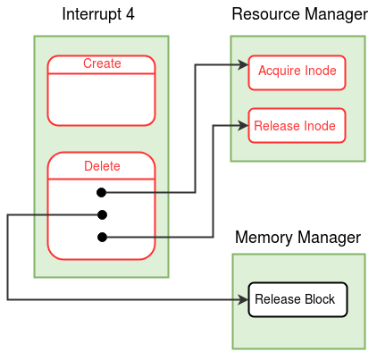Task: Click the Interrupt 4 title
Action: pyautogui.click(x=98, y=14)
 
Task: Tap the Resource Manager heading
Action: pyautogui.click(x=299, y=14)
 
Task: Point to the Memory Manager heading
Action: pyautogui.click(x=297, y=238)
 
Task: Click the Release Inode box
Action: pyautogui.click(x=297, y=125)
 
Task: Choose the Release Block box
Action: pyautogui.click(x=297, y=299)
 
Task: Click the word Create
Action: pyautogui.click(x=102, y=63)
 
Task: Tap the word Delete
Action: pyautogui.click(x=102, y=166)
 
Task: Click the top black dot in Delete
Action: pyautogui.click(x=102, y=192)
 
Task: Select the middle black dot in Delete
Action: pyautogui.click(x=102, y=214)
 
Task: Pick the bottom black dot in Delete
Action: pyautogui.click(x=102, y=237)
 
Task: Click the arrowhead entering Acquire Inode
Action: pyautogui.click(x=243, y=64)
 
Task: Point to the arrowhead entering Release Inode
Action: pyautogui.click(x=243, y=125)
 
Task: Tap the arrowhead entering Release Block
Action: pyautogui.click(x=243, y=299)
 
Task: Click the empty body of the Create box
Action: pyautogui.click(x=101, y=99)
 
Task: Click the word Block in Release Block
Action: pyautogui.click(x=320, y=299)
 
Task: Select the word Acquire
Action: pyautogui.click(x=278, y=71)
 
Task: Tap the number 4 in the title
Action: pyautogui.click(x=130, y=14)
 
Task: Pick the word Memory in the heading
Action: pyautogui.click(x=264, y=238)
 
